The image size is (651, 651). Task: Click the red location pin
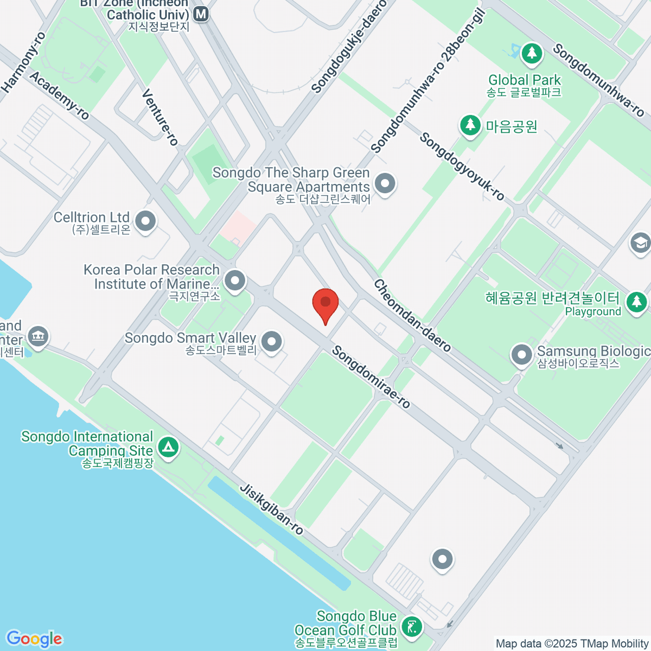[325, 304]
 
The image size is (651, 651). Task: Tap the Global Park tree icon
[532, 53]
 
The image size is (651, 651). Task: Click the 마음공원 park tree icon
[470, 125]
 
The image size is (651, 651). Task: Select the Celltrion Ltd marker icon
[145, 221]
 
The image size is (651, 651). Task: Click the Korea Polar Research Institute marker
[235, 281]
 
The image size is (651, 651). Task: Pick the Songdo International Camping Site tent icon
[168, 448]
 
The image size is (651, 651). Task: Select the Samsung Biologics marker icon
[522, 355]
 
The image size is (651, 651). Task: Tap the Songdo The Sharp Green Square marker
[385, 183]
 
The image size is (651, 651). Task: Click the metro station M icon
[201, 14]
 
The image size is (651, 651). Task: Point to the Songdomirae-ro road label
[371, 377]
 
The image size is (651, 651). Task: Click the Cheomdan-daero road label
[412, 316]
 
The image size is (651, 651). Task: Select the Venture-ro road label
[160, 117]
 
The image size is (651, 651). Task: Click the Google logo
[34, 639]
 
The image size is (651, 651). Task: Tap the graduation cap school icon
[641, 242]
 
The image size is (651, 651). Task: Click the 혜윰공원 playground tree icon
[636, 302]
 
